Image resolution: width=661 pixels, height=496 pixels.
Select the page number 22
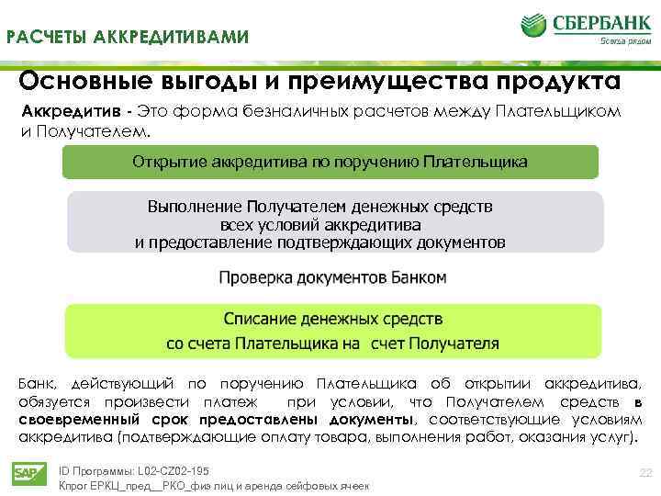[x=644, y=472]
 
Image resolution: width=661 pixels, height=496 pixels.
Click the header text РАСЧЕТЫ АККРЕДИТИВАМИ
[x=128, y=37]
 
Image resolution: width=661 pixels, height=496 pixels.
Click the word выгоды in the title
[x=188, y=81]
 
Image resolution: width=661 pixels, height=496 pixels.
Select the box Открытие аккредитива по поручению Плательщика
[x=330, y=162]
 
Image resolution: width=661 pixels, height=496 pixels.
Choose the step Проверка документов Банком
[x=333, y=276]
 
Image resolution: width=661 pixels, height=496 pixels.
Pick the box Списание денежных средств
[x=332, y=331]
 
